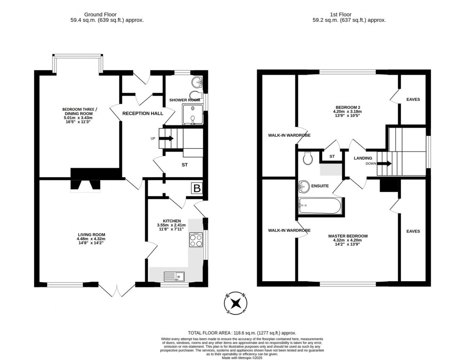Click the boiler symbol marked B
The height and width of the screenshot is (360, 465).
click(197, 189)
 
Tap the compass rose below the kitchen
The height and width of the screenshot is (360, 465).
click(236, 303)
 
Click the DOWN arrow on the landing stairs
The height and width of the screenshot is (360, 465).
click(385, 164)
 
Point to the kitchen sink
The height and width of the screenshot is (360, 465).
click(174, 275)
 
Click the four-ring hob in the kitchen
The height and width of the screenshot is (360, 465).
click(196, 240)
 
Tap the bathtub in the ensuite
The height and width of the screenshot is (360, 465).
click(319, 206)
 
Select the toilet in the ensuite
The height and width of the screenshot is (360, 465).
click(308, 158)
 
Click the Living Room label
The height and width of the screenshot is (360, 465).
click(92, 235)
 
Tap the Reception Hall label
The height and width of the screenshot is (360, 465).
click(142, 114)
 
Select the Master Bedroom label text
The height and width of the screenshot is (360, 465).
click(348, 236)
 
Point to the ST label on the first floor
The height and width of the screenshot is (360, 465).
click(332, 156)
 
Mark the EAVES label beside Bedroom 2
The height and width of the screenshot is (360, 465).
click(413, 99)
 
